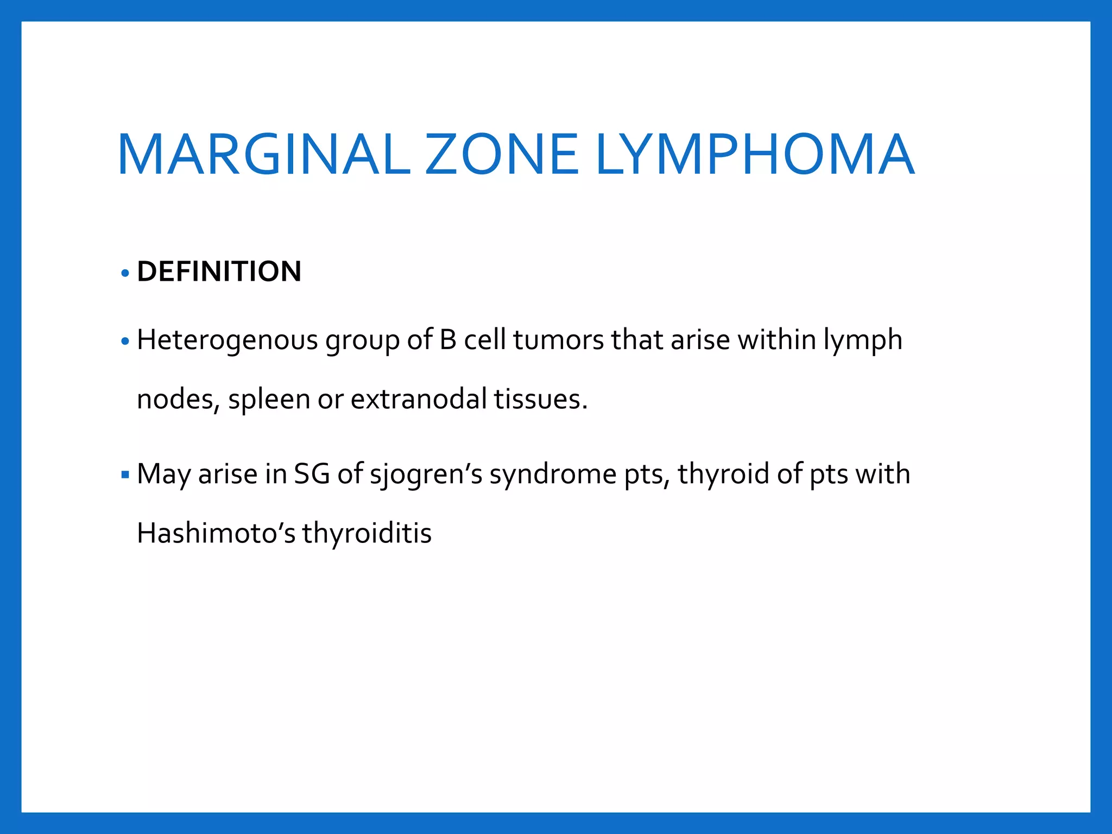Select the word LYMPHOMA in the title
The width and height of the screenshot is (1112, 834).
(x=755, y=155)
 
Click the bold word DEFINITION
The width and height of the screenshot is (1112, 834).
(x=219, y=271)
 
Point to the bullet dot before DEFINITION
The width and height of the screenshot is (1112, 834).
(x=125, y=273)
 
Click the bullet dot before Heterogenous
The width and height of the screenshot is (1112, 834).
(x=125, y=342)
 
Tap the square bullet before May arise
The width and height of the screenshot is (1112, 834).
(x=125, y=475)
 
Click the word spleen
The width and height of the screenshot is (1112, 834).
(x=269, y=400)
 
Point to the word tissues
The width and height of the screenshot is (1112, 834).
(x=540, y=399)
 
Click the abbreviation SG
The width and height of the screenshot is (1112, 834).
(x=312, y=473)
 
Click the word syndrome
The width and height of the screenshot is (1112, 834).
(x=553, y=475)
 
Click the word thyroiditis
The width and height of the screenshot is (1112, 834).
(x=367, y=534)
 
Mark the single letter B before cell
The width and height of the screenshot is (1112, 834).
(x=448, y=340)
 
